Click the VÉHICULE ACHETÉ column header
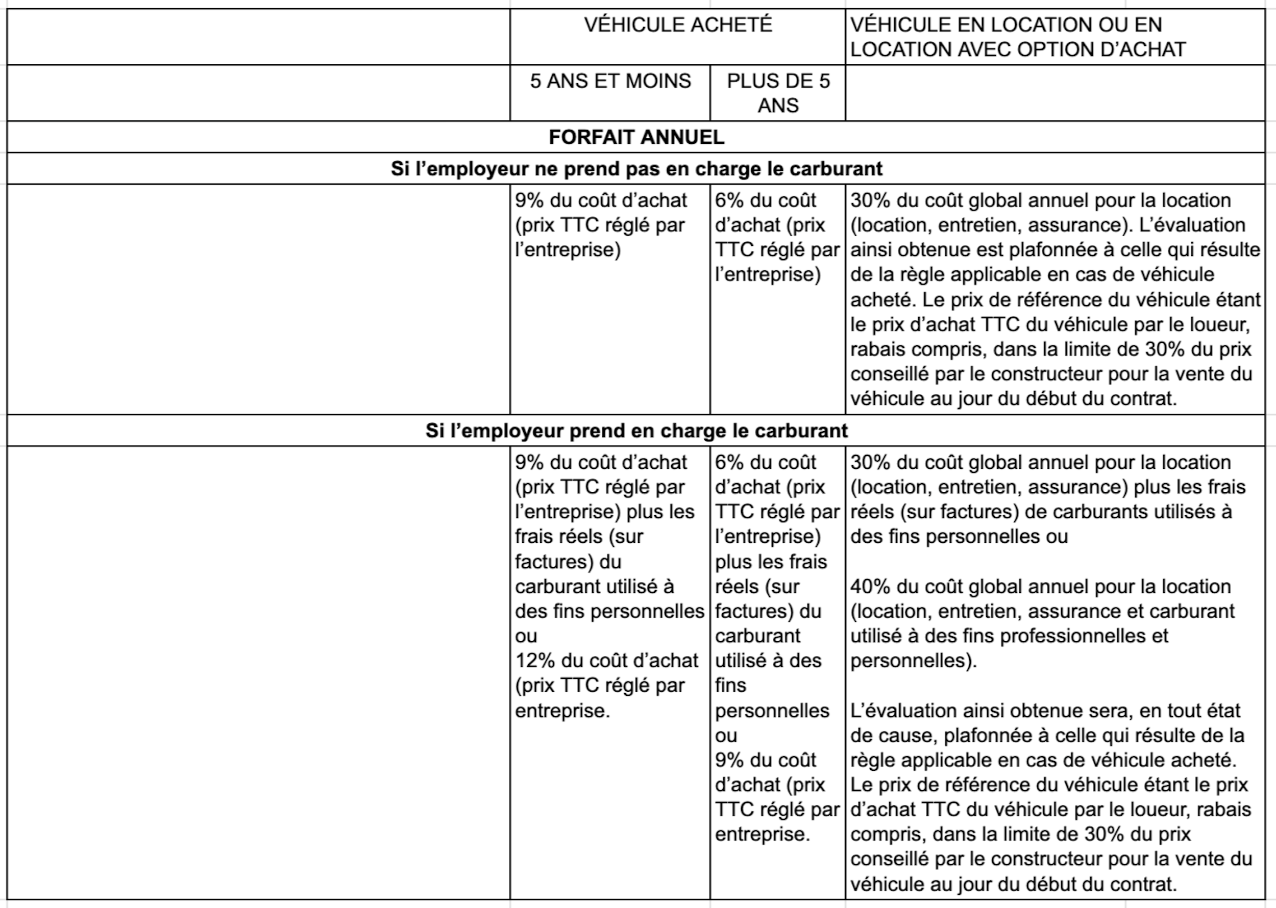click(x=677, y=25)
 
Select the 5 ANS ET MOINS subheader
click(x=610, y=82)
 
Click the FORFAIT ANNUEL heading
click(x=636, y=138)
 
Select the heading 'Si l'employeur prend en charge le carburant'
click(x=636, y=431)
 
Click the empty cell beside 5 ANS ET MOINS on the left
click(x=258, y=93)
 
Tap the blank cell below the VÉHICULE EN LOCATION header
click(x=1054, y=93)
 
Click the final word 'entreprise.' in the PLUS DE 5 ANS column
click(x=762, y=834)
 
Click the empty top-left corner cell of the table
click(x=258, y=37)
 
